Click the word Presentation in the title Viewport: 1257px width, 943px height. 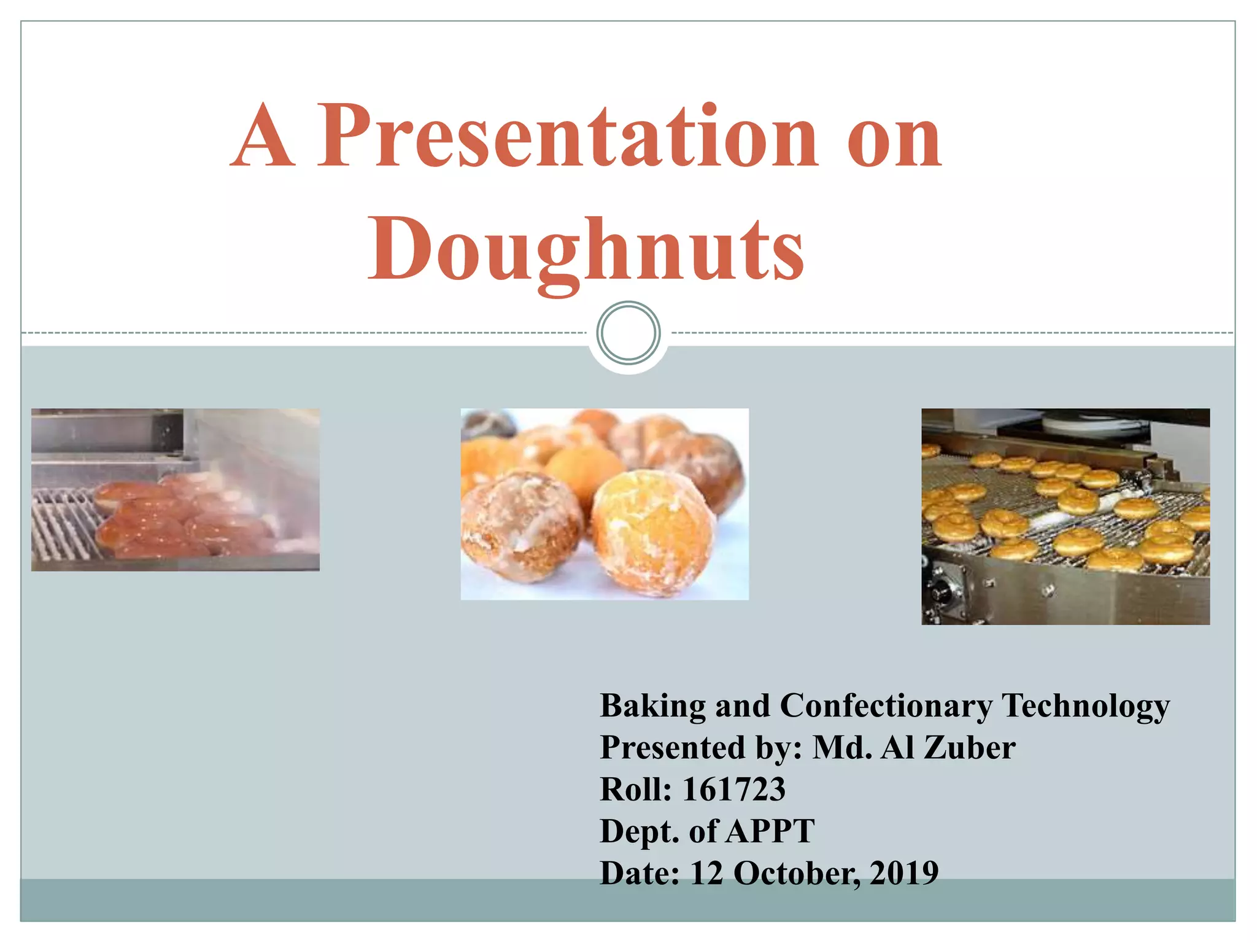[568, 136]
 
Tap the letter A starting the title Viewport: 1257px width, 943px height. [263, 136]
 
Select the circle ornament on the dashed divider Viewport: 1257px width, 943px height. [628, 333]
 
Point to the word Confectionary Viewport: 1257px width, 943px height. [886, 706]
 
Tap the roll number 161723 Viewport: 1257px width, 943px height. [734, 790]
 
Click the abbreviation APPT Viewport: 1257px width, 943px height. [771, 831]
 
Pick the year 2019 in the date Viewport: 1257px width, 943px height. [903, 873]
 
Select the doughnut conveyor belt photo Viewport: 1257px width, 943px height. [1066, 516]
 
